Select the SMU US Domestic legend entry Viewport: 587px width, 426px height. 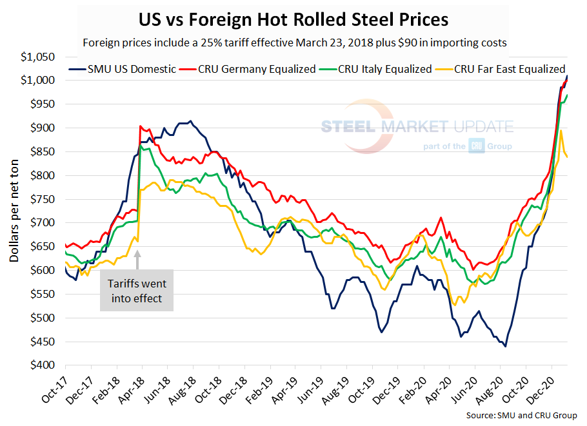tap(123, 69)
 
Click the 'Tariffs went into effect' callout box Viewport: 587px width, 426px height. tap(137, 290)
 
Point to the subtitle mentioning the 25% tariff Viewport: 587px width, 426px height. tap(293, 43)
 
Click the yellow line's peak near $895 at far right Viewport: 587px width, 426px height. tap(561, 131)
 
